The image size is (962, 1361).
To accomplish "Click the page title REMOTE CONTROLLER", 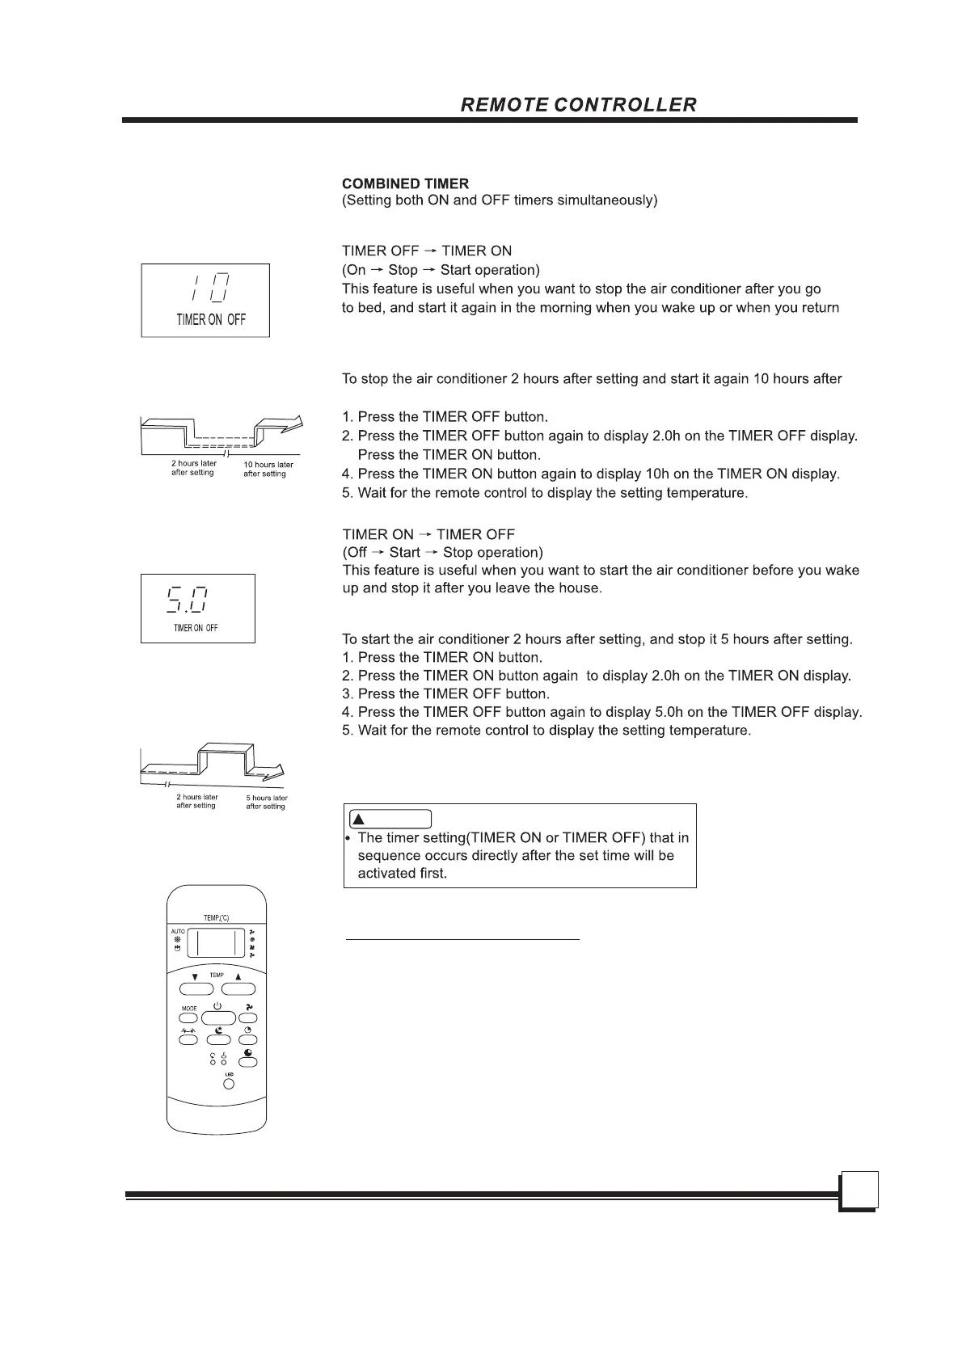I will click(578, 105).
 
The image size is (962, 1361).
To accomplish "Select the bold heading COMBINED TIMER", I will click(405, 184).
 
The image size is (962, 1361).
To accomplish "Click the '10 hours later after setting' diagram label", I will click(268, 470).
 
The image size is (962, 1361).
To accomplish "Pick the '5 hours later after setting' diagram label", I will click(266, 803).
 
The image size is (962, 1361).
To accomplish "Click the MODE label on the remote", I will click(189, 1009).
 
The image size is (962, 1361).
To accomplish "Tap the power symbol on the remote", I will click(218, 1005).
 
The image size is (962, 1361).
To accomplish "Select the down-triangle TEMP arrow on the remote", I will click(195, 976).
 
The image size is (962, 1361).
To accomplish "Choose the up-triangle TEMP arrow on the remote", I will click(238, 976).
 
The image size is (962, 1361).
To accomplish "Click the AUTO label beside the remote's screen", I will click(178, 932).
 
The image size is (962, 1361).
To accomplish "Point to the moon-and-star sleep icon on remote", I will click(219, 1030).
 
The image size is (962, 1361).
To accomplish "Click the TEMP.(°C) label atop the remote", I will click(216, 919).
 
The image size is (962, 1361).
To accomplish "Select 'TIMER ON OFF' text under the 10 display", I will click(211, 320).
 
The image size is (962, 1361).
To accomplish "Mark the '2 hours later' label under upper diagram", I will click(194, 464).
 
